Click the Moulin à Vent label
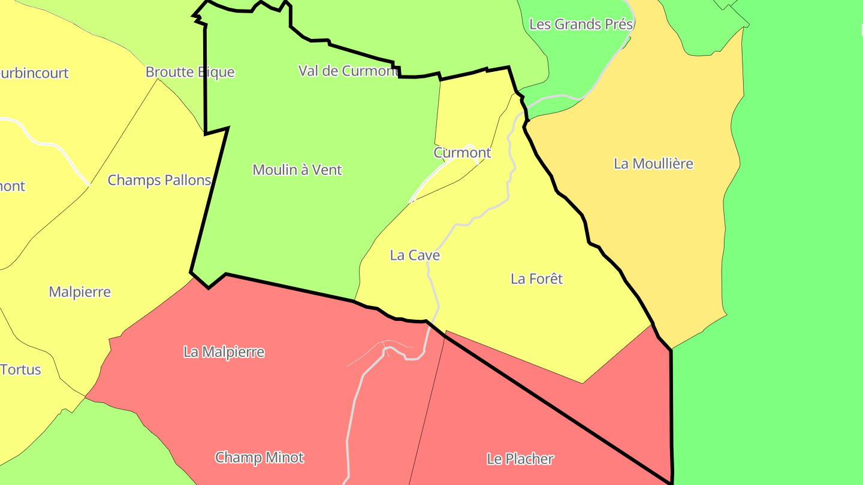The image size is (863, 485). [x=297, y=170]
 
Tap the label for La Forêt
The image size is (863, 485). [x=536, y=278]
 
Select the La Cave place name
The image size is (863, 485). [x=415, y=255]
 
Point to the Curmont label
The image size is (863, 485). [x=462, y=153]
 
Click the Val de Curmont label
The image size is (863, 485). [x=348, y=71]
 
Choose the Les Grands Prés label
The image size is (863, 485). [x=581, y=25]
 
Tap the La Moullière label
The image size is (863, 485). [x=653, y=163]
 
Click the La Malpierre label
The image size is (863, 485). [x=224, y=352]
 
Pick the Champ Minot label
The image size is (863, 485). [x=259, y=458]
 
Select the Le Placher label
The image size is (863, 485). [x=520, y=459]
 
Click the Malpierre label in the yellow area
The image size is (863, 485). [x=80, y=292]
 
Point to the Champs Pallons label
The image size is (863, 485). [x=159, y=180]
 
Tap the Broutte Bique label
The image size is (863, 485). [x=190, y=72]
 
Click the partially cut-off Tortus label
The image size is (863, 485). [x=21, y=369]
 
